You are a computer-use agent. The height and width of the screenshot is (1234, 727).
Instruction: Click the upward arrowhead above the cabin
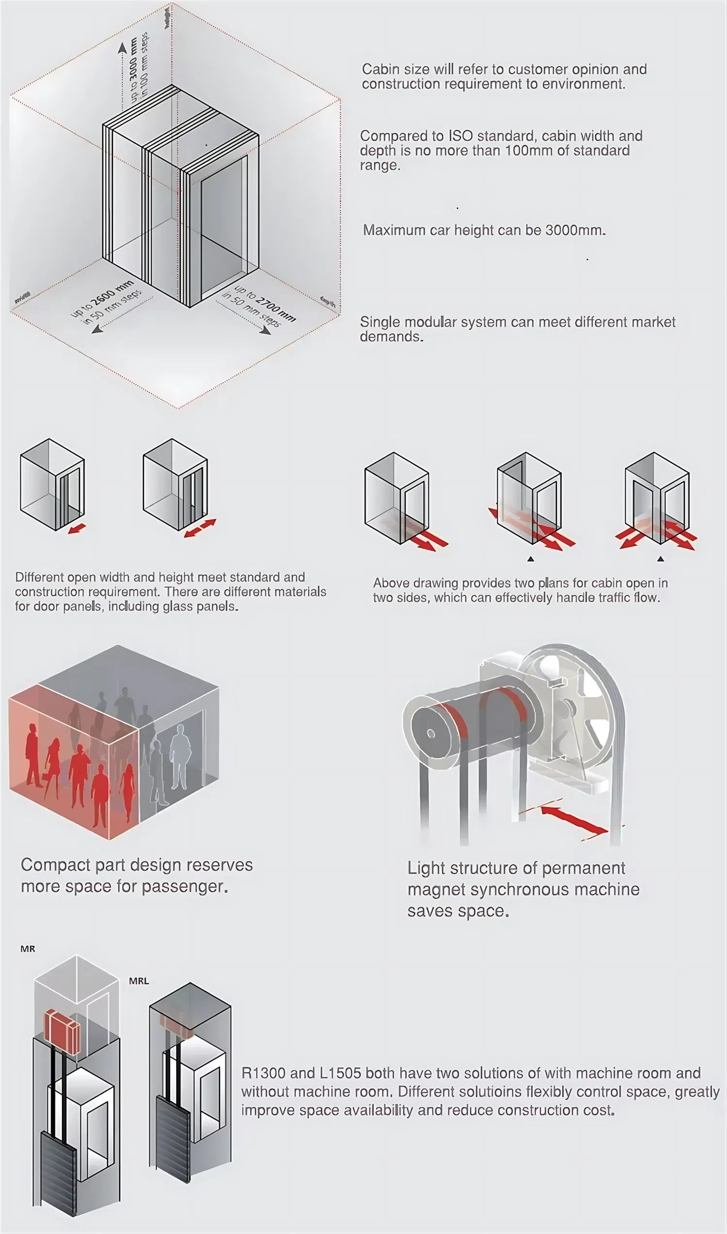122,47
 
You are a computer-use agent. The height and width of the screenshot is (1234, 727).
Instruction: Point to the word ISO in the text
460,136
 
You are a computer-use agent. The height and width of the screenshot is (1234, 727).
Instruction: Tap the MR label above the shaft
28,949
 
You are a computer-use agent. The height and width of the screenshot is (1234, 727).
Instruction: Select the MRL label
139,981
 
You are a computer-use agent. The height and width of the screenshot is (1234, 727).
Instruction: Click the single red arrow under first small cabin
77,529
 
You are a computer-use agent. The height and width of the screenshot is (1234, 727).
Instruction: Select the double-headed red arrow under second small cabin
200,529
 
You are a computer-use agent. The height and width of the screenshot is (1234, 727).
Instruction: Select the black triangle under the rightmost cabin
661,559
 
